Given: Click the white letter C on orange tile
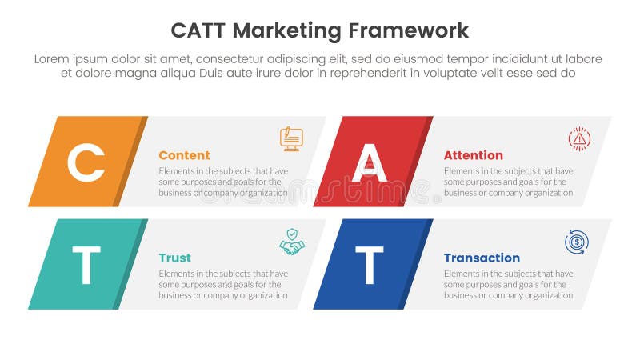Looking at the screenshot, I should coord(86,162).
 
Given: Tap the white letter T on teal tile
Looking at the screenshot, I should coord(86,265).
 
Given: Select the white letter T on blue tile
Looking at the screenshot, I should coord(369,265).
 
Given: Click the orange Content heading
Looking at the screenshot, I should coord(184,155).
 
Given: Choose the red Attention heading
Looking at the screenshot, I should coord(473,155).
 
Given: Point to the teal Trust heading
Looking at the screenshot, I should coord(174,258).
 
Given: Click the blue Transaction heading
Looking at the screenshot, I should coord(482,258).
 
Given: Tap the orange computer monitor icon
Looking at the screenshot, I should coord(291,138).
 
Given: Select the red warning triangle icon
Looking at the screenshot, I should coord(578,138).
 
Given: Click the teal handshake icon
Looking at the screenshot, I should coord(291,242).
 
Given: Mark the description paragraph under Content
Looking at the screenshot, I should coord(223,182).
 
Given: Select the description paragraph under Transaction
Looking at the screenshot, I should coord(508,284).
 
